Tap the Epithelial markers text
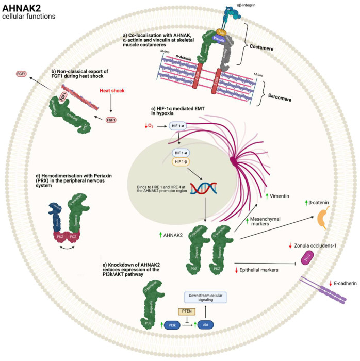(x=262, y=270)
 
